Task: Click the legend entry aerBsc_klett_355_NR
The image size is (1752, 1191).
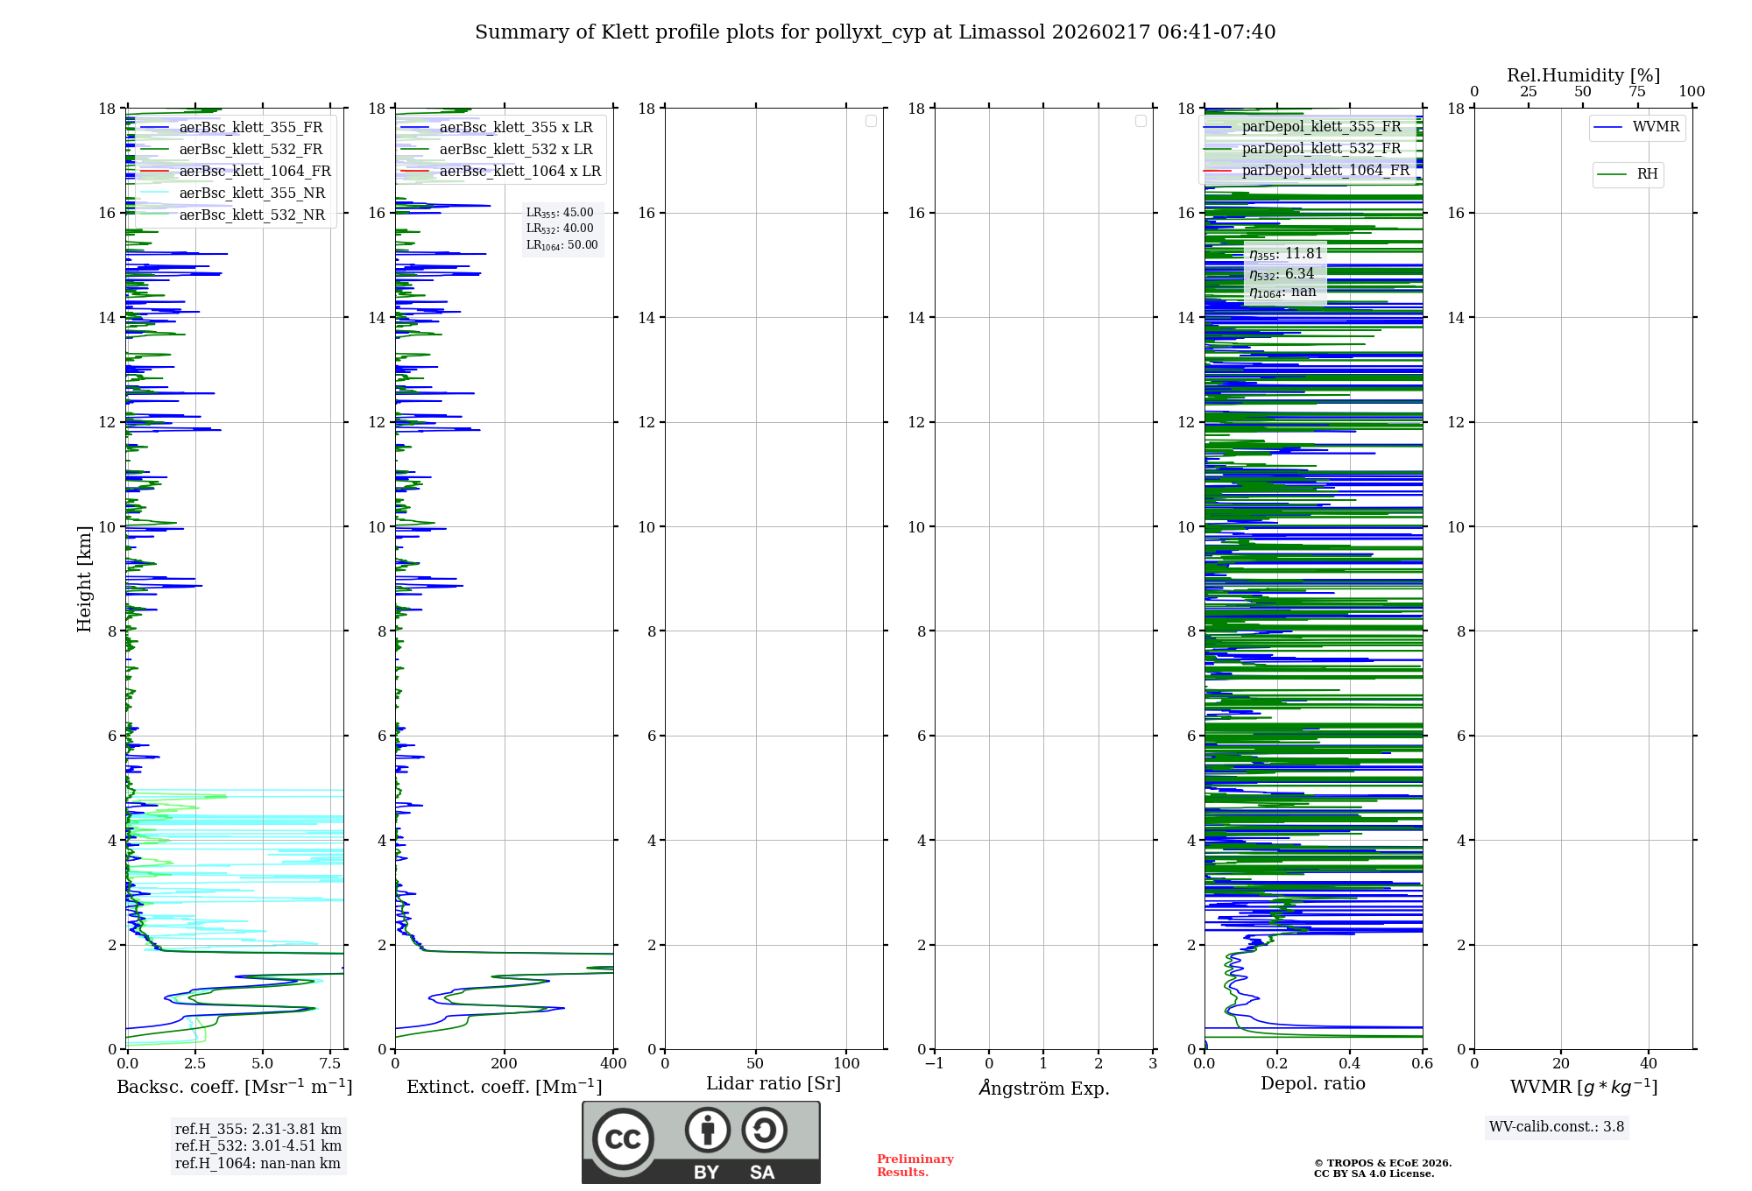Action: tap(251, 193)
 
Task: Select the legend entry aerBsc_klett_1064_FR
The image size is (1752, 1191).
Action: tap(254, 171)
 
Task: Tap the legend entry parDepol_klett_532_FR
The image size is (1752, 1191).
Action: tap(1321, 148)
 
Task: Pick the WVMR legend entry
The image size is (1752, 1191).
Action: tap(1656, 127)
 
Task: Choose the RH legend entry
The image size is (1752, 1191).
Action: tap(1647, 174)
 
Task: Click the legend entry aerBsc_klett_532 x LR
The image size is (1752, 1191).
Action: tap(515, 149)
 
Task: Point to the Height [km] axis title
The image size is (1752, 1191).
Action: tap(84, 578)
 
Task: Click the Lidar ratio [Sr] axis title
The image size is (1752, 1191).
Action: tap(774, 1083)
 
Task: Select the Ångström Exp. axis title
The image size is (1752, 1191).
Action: tap(1043, 1088)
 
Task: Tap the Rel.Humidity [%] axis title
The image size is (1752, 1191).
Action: tap(1583, 75)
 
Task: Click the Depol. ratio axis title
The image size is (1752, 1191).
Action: tap(1312, 1083)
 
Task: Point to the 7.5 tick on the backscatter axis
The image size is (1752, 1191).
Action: tap(330, 1063)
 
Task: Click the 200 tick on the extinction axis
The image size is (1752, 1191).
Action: tap(505, 1063)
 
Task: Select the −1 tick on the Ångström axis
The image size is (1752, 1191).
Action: tap(934, 1063)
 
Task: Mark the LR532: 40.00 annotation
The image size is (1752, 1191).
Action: tap(560, 229)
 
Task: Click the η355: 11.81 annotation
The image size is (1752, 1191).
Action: tap(1286, 254)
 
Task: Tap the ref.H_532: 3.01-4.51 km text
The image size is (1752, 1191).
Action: tap(258, 1145)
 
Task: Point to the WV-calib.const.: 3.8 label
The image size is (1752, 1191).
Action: tap(1557, 1127)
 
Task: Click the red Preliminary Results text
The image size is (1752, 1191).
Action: tap(915, 1165)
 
